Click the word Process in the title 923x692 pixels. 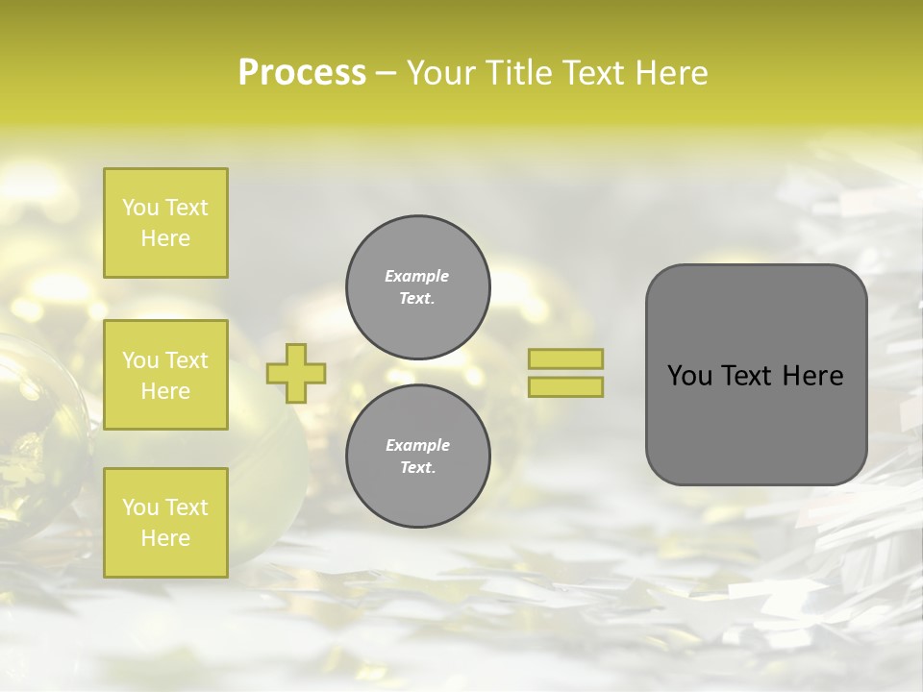tap(302, 73)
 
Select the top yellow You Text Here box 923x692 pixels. tap(165, 223)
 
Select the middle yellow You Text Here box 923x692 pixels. tap(165, 375)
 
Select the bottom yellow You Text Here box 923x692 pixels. tap(165, 523)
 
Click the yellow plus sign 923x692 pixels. tap(296, 373)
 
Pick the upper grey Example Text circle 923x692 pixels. tap(418, 286)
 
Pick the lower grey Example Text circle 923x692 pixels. tap(418, 456)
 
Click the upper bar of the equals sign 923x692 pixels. tap(566, 359)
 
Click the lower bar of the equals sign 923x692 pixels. tap(566, 386)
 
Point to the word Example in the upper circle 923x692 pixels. tap(417, 276)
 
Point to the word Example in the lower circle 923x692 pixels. tap(417, 445)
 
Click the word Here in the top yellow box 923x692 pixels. tap(165, 238)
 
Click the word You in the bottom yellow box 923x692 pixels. tap(140, 507)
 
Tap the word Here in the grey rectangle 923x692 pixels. tap(812, 376)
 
